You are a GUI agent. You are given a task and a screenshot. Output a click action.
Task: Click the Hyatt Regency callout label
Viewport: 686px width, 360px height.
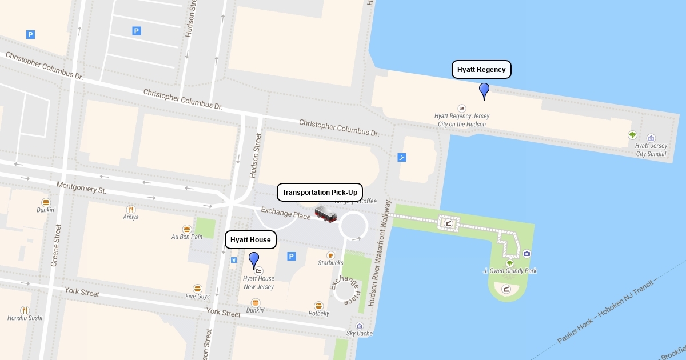481,70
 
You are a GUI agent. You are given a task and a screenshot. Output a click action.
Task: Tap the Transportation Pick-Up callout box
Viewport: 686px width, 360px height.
320,193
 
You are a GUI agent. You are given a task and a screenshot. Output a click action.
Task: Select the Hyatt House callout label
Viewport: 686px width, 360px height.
250,240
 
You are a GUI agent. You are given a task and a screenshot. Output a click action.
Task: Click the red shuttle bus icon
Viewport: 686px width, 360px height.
326,214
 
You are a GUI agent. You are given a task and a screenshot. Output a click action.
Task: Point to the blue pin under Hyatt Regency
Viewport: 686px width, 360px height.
484,91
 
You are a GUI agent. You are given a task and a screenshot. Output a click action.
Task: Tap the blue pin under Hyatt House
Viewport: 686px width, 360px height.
254,260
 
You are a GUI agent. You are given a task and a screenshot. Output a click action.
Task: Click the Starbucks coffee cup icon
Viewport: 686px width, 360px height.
330,255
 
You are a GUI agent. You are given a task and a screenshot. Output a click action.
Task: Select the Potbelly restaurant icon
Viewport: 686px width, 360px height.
318,306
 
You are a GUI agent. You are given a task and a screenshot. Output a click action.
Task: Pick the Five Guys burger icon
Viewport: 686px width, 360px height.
197,289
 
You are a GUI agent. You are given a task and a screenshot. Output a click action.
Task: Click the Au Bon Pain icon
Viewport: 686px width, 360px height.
186,229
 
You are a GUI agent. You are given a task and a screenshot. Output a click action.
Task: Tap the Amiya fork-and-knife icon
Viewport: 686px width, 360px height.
131,210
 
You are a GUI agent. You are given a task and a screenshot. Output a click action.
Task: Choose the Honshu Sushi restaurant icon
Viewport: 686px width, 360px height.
25,310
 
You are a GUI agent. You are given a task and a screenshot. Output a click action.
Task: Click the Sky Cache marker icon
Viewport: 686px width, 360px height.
359,326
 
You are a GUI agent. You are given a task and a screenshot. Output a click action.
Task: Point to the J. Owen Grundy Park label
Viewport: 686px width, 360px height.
509,271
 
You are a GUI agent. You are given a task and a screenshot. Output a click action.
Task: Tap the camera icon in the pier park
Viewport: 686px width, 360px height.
527,254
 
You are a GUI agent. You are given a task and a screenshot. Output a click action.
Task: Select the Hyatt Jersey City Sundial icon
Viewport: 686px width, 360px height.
651,138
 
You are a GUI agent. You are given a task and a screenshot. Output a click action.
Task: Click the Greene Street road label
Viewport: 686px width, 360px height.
56,245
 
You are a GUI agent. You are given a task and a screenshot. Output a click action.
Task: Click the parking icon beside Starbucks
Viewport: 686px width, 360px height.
292,257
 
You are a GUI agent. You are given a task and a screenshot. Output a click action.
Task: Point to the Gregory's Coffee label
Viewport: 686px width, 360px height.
356,201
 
